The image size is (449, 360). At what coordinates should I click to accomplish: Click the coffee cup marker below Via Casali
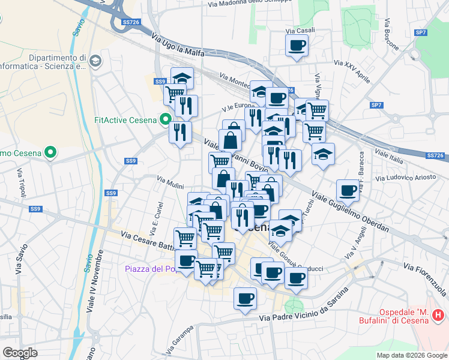(297, 45)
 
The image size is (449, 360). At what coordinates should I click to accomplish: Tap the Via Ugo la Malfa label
(178, 46)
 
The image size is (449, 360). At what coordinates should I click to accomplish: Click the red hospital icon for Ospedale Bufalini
(438, 314)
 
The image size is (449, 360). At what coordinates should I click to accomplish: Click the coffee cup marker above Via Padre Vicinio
(244, 298)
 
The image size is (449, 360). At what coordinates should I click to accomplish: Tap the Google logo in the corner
(20, 352)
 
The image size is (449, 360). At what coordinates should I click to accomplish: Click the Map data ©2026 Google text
(411, 355)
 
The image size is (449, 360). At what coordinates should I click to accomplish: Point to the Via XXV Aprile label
(352, 71)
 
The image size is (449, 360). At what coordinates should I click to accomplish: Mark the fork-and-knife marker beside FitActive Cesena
(180, 132)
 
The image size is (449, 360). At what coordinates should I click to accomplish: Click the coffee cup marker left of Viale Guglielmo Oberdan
(347, 190)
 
